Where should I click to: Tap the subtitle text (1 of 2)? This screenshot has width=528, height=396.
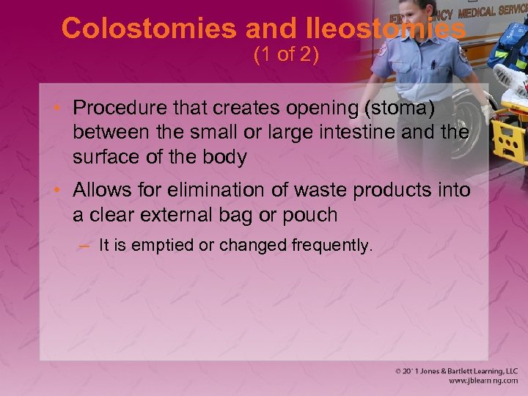pos(286,55)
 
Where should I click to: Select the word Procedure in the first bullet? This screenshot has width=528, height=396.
pos(120,108)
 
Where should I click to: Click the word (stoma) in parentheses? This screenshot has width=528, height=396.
pos(400,108)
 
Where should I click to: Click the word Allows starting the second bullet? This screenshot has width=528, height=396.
pos(101,191)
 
